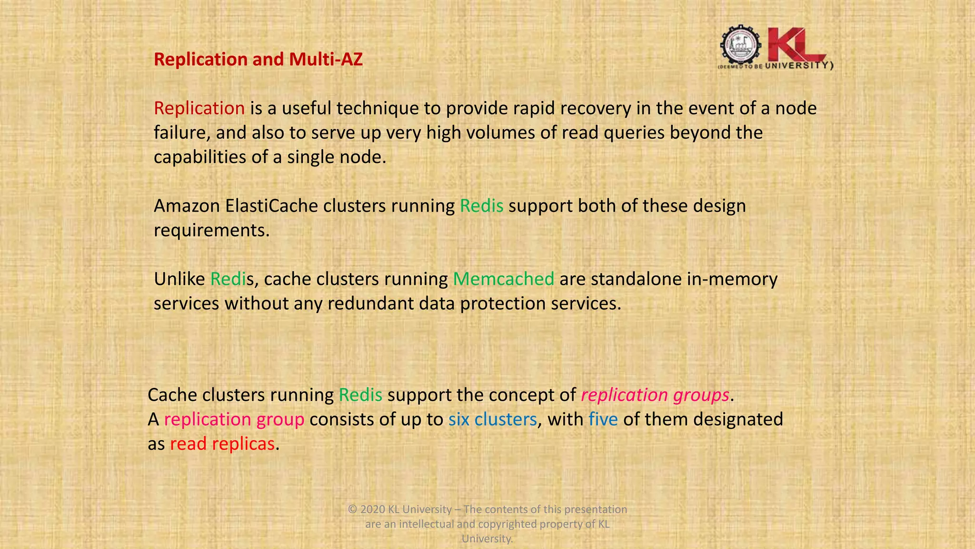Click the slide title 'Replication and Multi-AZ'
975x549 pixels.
258,60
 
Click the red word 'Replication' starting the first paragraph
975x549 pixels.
199,108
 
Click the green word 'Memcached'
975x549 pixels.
503,279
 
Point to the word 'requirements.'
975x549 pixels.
211,230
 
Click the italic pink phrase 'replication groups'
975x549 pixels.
655,395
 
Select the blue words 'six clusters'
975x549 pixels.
492,419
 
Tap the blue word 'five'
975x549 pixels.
603,419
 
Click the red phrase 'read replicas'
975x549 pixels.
222,444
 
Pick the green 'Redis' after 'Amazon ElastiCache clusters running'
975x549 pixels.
481,206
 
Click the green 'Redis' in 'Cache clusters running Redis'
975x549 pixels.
360,395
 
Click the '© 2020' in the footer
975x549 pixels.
366,509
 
